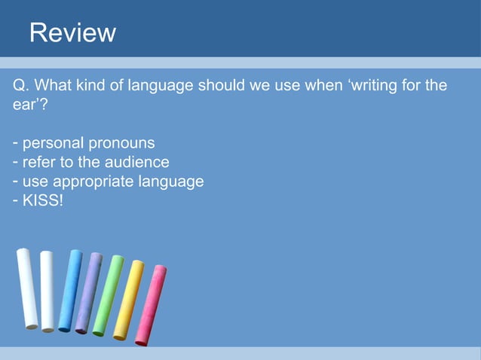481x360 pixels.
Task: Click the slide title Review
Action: click(x=72, y=33)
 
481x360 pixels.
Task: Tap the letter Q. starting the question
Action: click(x=21, y=85)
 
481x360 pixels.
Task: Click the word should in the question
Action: click(x=222, y=85)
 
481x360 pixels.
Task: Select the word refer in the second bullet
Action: click(x=37, y=162)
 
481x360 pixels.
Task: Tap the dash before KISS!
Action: click(x=16, y=201)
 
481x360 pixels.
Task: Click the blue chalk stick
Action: click(x=70, y=290)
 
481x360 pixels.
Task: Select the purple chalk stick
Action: click(x=89, y=293)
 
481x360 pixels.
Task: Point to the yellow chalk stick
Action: click(x=129, y=299)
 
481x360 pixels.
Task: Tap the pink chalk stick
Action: click(x=151, y=304)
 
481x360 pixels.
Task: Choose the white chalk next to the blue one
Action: click(x=47, y=290)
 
